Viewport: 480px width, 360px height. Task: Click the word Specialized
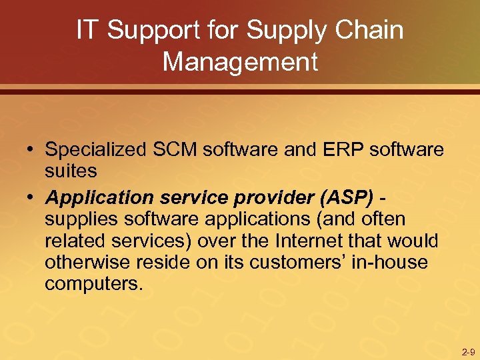tap(93, 150)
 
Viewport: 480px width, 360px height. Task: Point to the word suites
tap(71, 171)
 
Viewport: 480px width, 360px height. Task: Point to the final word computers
tap(93, 283)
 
